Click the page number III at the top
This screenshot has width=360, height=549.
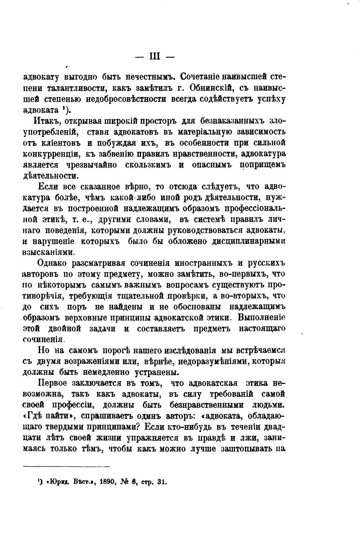tap(155, 57)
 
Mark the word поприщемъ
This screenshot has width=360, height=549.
tap(262, 165)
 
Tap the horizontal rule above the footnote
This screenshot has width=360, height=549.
tap(67, 467)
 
